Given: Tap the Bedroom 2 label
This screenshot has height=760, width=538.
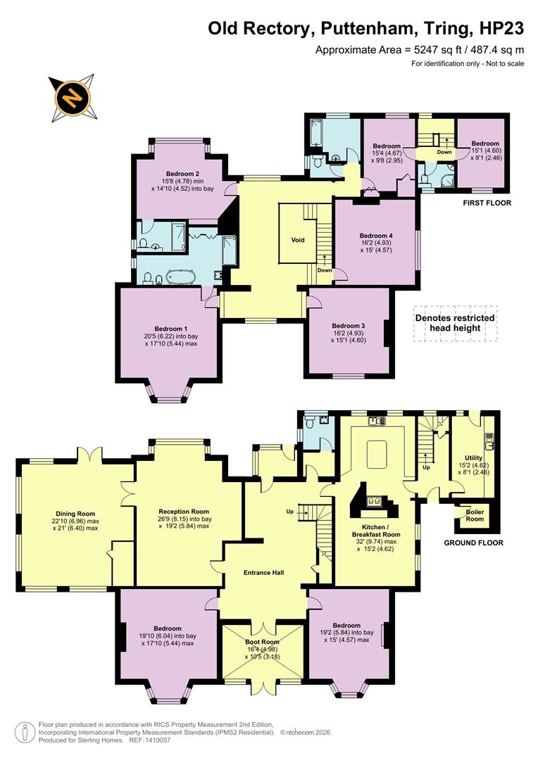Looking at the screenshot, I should tap(182, 174).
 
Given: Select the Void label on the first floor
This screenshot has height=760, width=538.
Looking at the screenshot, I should tap(298, 240).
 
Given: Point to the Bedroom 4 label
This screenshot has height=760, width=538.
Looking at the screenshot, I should tap(376, 236).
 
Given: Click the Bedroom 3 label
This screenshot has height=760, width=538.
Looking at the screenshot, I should tap(348, 326).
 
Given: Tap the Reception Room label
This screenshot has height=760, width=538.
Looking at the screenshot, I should tap(184, 512).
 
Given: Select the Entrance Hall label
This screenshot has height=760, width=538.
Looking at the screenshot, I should tap(264, 573).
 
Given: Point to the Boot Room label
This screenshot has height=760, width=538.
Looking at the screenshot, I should tap(262, 642).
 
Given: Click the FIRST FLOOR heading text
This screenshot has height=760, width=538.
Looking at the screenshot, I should tap(487, 203).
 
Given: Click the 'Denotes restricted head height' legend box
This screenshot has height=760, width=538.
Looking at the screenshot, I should tap(455, 323).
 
